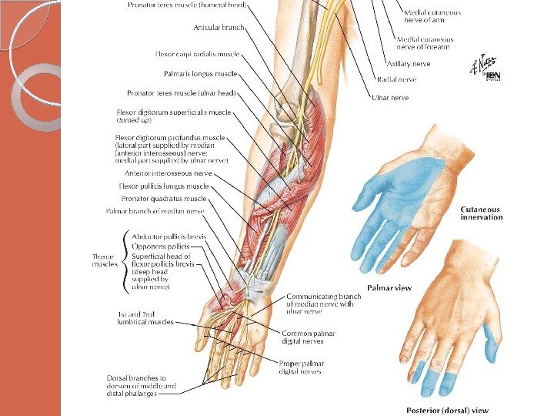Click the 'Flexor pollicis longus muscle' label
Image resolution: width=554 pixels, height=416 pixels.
[163, 186]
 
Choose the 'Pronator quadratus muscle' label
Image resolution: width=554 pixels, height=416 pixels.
[164, 198]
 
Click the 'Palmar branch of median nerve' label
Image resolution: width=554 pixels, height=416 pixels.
[154, 210]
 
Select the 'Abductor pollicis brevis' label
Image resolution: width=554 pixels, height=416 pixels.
[168, 236]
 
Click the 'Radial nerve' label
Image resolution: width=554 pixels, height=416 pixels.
[396, 79]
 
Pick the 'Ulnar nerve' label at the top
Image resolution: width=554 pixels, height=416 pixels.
[390, 98]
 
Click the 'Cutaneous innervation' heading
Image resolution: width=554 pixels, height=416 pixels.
[481, 213]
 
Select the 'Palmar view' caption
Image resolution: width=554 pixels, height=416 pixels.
[389, 288]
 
